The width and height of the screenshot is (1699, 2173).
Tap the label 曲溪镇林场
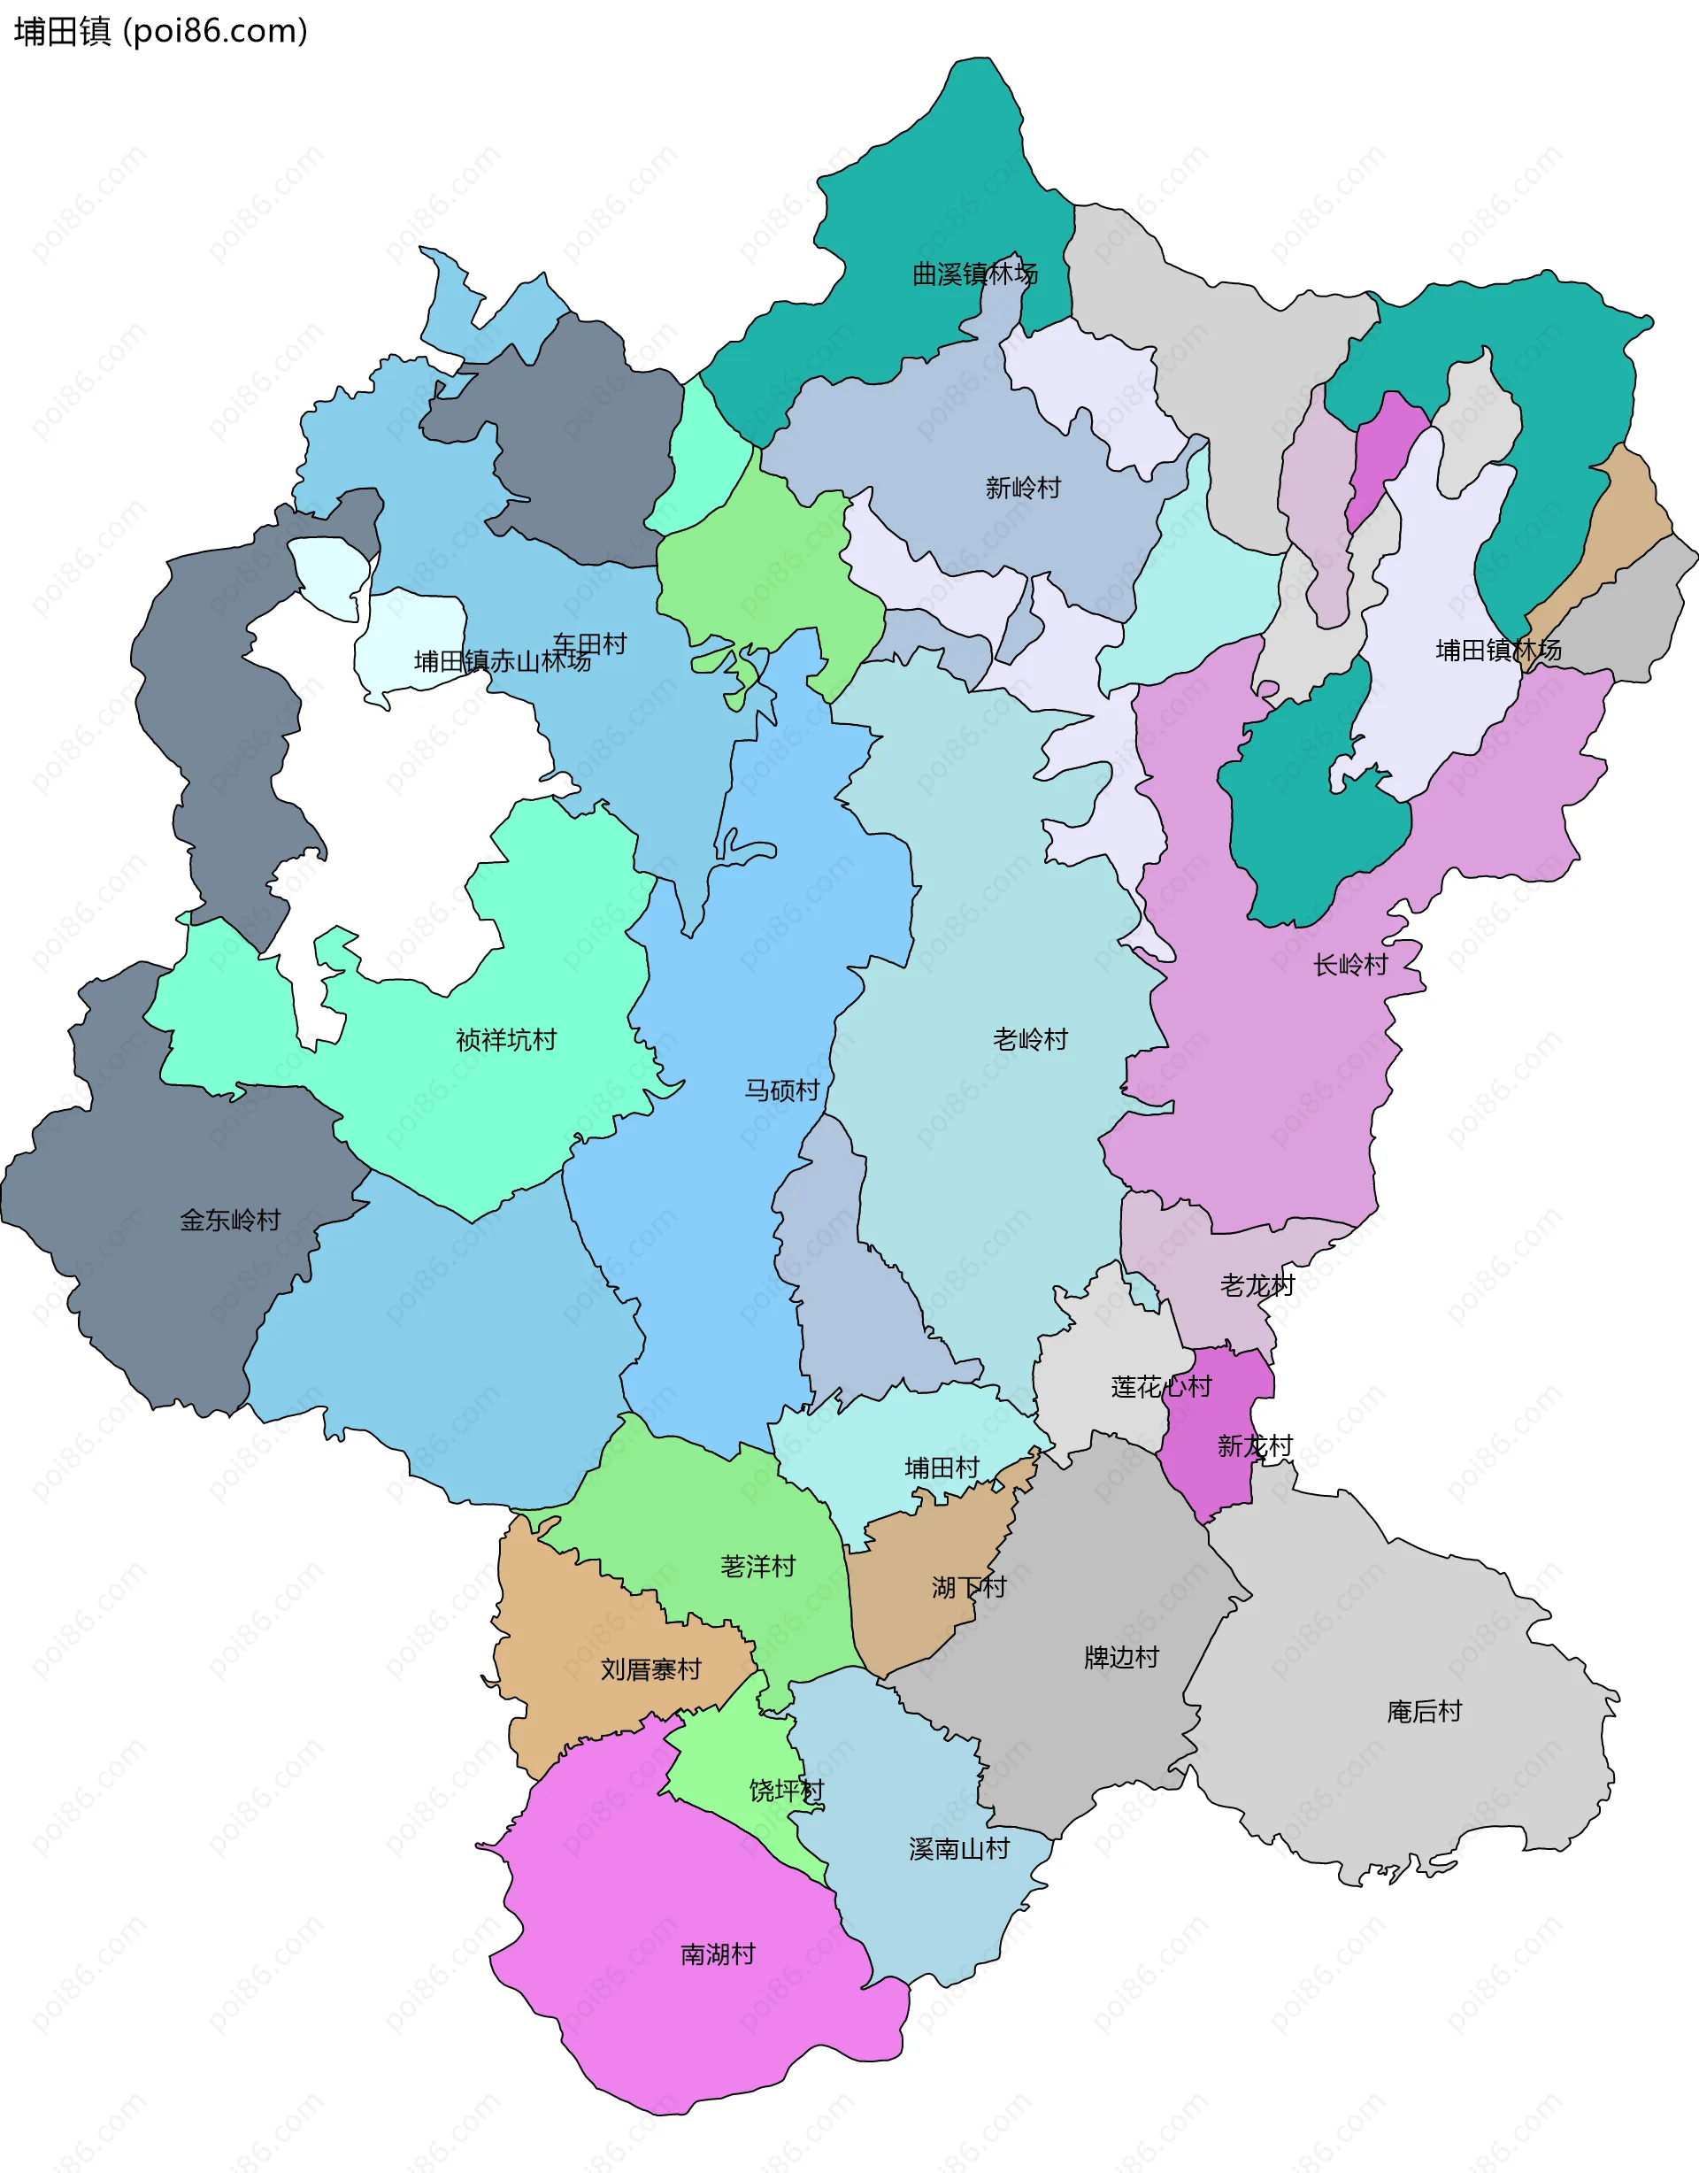[x=975, y=274]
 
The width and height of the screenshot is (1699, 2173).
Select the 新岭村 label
[x=1023, y=488]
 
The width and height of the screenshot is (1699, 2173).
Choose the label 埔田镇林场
[x=1498, y=651]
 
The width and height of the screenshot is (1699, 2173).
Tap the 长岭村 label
[x=1349, y=964]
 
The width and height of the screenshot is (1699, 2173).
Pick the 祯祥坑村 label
[x=505, y=1040]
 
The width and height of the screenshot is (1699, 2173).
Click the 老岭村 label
[x=1029, y=1039]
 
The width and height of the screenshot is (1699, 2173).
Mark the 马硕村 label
[x=782, y=1090]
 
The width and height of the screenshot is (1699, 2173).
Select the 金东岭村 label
[x=230, y=1220]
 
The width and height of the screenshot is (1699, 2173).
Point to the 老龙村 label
[x=1257, y=1285]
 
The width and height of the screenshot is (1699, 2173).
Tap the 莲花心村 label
[x=1161, y=1387]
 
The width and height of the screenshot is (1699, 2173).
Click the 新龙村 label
[x=1255, y=1445]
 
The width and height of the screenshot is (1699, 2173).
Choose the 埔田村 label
[x=941, y=1468]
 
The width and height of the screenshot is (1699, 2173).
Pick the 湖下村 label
[x=969, y=1587]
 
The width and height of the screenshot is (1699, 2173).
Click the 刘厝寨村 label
[x=650, y=1668]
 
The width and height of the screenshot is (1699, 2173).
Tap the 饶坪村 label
[x=786, y=1791]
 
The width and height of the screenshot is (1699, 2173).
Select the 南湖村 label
[x=717, y=1954]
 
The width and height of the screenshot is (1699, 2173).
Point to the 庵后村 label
[x=1424, y=1711]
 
